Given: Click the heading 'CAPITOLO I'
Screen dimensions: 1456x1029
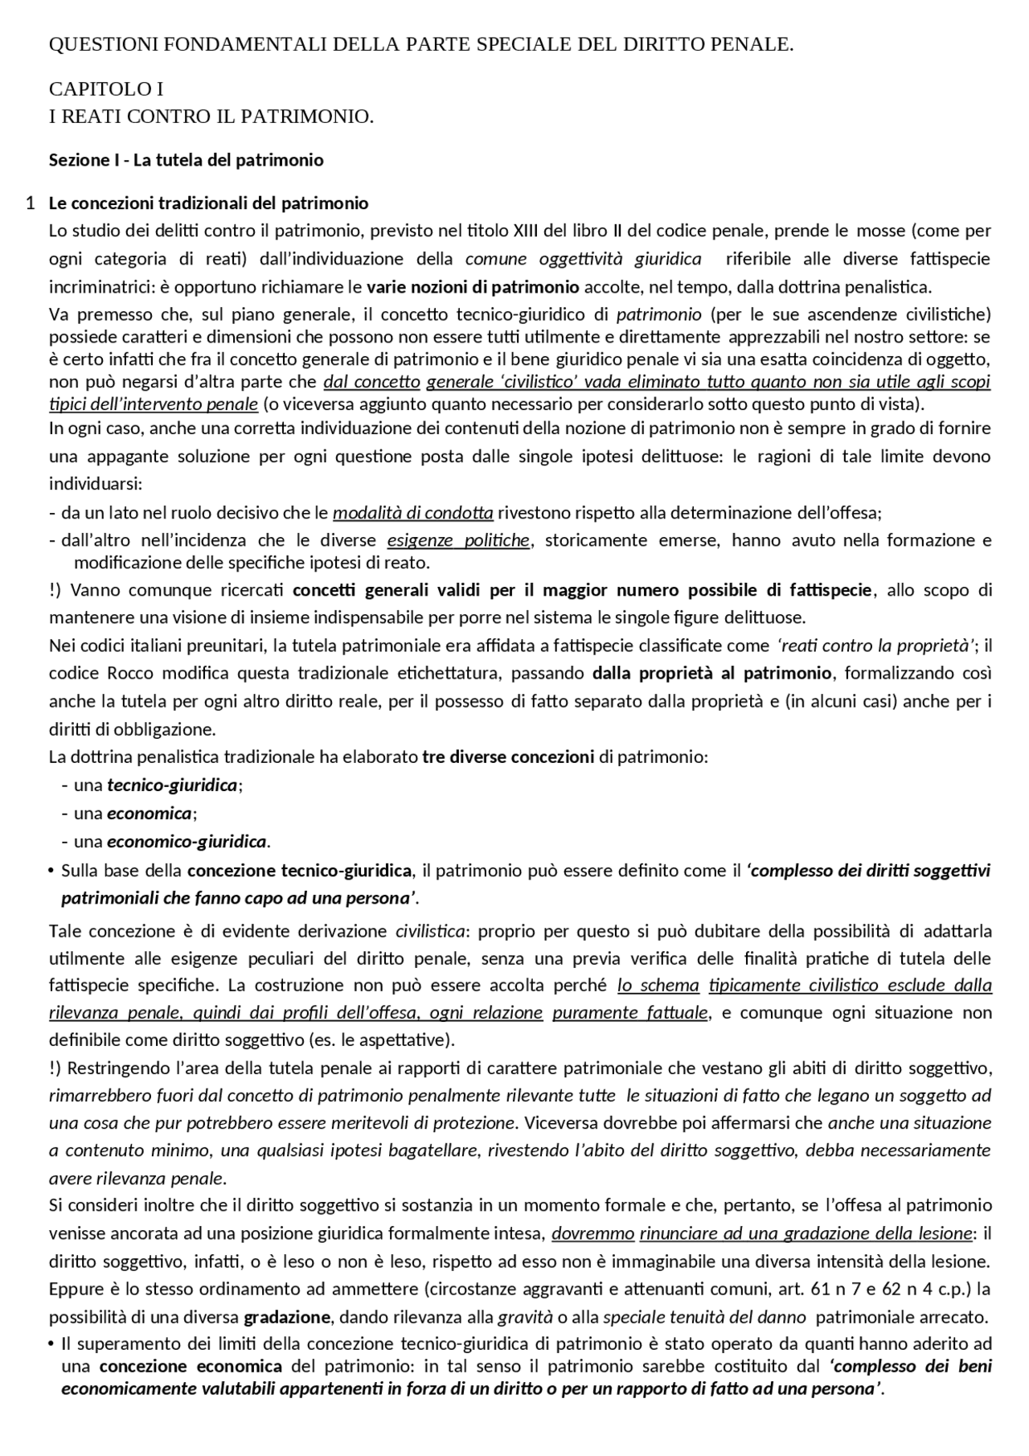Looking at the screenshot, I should [x=106, y=88].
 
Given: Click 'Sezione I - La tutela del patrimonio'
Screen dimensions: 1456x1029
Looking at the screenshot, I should [x=186, y=160].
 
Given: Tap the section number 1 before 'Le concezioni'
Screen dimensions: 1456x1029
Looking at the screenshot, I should [x=30, y=203].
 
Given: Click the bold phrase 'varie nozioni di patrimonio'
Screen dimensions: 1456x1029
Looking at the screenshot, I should [x=473, y=287].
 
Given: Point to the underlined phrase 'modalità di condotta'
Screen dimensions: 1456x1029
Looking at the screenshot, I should [x=413, y=513].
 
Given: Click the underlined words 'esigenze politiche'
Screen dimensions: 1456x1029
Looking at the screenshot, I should [x=458, y=540].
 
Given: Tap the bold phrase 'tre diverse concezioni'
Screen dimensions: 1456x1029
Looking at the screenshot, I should [x=508, y=757].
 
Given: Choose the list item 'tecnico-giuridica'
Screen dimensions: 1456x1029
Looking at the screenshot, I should [x=172, y=785].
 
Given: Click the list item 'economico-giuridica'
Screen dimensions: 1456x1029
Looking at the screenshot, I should [x=187, y=842].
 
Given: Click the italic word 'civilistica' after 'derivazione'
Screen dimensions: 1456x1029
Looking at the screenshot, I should [x=430, y=931].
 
